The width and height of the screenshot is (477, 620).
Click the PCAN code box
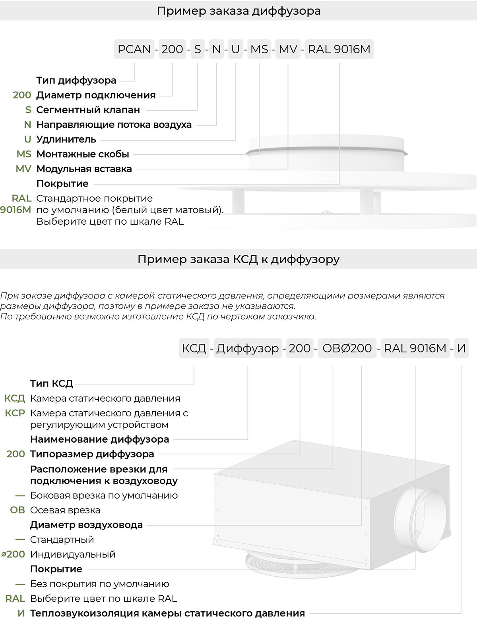[134, 49]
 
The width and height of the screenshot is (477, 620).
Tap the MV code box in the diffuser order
[288, 49]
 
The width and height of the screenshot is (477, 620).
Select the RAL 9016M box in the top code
[339, 49]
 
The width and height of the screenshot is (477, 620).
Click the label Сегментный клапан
[88, 110]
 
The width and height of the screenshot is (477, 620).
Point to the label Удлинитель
[66, 139]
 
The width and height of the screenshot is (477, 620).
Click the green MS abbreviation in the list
[24, 154]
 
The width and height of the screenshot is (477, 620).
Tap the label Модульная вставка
[84, 169]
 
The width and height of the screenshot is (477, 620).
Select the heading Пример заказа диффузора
[238, 11]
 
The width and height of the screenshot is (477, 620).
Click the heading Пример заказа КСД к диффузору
[238, 259]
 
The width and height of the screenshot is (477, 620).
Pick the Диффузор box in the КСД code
[248, 348]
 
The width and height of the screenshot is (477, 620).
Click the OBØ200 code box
[347, 348]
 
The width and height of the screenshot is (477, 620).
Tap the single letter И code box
[461, 348]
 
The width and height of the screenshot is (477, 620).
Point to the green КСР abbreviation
[15, 413]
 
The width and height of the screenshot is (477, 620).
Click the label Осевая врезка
[65, 510]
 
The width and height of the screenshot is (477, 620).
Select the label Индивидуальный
[73, 554]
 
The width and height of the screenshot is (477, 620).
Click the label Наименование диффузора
[99, 439]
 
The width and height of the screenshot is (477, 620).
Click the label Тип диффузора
[76, 80]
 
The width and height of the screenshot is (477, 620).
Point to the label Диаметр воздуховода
[86, 525]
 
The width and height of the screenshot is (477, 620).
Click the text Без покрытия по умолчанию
[99, 584]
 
